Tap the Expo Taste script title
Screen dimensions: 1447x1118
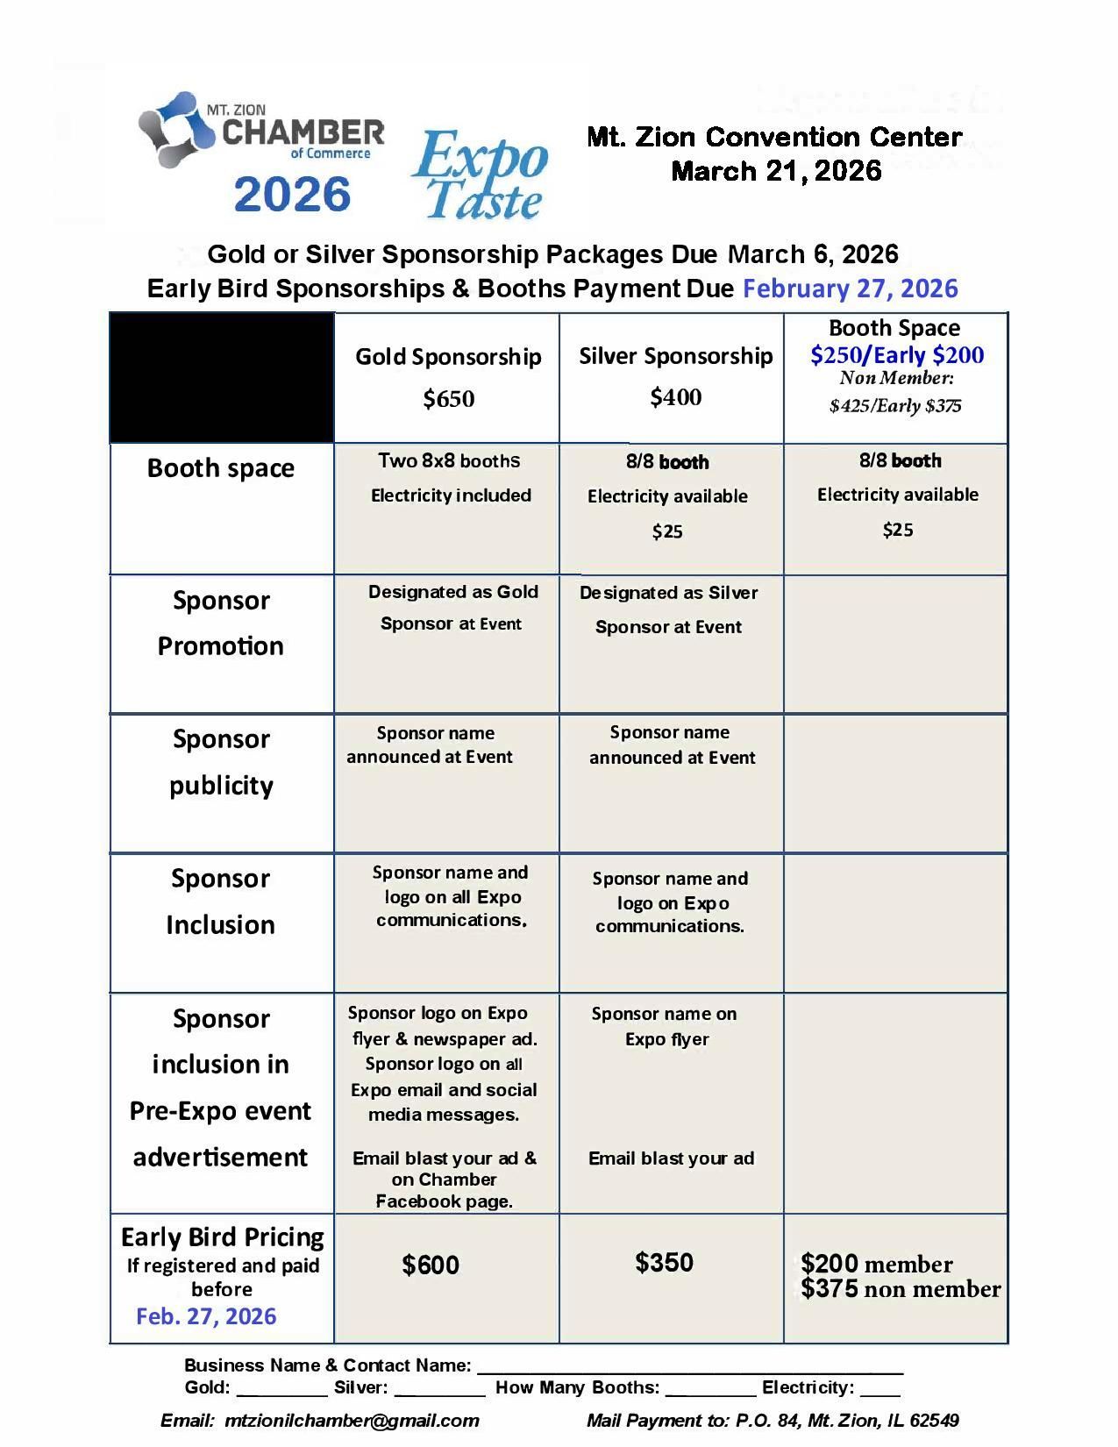(x=481, y=175)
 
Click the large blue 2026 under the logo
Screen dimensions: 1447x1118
(x=292, y=195)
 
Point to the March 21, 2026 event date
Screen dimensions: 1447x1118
(x=776, y=171)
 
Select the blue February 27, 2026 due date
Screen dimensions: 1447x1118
(x=850, y=289)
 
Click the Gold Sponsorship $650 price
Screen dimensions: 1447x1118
(x=448, y=399)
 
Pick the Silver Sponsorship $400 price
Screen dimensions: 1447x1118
(x=675, y=397)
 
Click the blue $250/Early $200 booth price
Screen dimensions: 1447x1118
(x=896, y=355)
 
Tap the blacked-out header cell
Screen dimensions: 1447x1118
(x=222, y=378)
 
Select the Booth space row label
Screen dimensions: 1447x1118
(x=221, y=468)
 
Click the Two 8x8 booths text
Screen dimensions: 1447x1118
(x=448, y=461)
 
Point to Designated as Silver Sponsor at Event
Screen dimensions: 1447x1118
(x=668, y=609)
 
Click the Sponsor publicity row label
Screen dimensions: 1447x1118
(x=221, y=762)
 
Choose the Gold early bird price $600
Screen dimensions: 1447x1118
(x=431, y=1265)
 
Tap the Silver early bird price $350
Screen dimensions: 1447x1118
(x=664, y=1263)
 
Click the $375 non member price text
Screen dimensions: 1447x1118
(x=900, y=1289)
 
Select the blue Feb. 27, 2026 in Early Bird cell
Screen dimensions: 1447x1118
(x=206, y=1316)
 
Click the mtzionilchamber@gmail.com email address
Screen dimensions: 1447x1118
(x=352, y=1421)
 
